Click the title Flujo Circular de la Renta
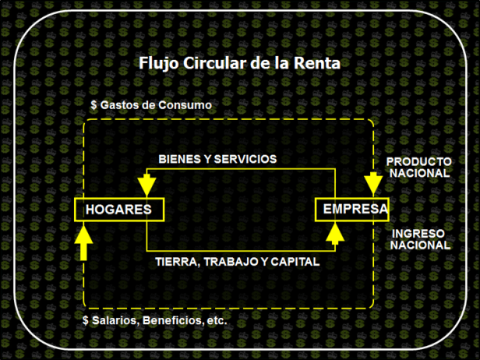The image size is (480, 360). pyautogui.click(x=239, y=63)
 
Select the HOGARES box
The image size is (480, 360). pyautogui.click(x=118, y=209)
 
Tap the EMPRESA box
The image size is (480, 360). pyautogui.click(x=351, y=209)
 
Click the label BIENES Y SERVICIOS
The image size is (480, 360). pyautogui.click(x=217, y=158)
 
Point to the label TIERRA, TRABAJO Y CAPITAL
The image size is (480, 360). pyautogui.click(x=237, y=262)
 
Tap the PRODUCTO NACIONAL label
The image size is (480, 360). pyautogui.click(x=418, y=167)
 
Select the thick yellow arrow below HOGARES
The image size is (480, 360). pyautogui.click(x=85, y=243)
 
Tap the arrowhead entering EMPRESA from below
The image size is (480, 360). pyautogui.click(x=335, y=231)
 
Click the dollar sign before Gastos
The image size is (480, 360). pyautogui.click(x=94, y=104)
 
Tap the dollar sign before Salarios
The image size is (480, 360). pyautogui.click(x=86, y=320)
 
